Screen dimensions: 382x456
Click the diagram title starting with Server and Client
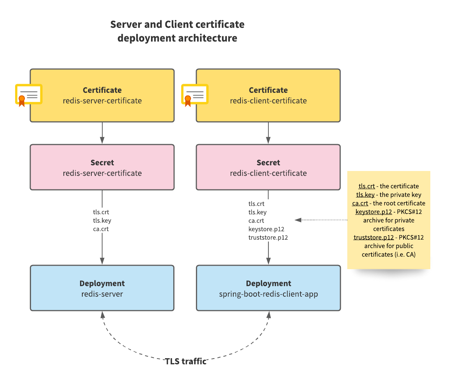[x=177, y=31]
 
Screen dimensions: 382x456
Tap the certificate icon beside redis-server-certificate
[x=28, y=95]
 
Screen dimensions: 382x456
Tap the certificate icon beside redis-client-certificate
[x=194, y=95]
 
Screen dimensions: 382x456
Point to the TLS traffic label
[x=186, y=361]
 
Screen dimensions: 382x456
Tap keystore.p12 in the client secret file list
[x=266, y=229]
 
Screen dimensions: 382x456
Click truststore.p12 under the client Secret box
[x=268, y=237]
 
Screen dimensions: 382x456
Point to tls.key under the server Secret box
[x=102, y=220]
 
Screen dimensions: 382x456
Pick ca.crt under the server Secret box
[x=101, y=229]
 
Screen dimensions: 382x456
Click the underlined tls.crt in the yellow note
[x=367, y=186]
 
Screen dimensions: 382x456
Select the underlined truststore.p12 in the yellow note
[x=373, y=237]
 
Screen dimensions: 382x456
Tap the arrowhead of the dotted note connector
[x=297, y=220]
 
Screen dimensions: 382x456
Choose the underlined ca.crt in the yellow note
[x=360, y=203]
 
